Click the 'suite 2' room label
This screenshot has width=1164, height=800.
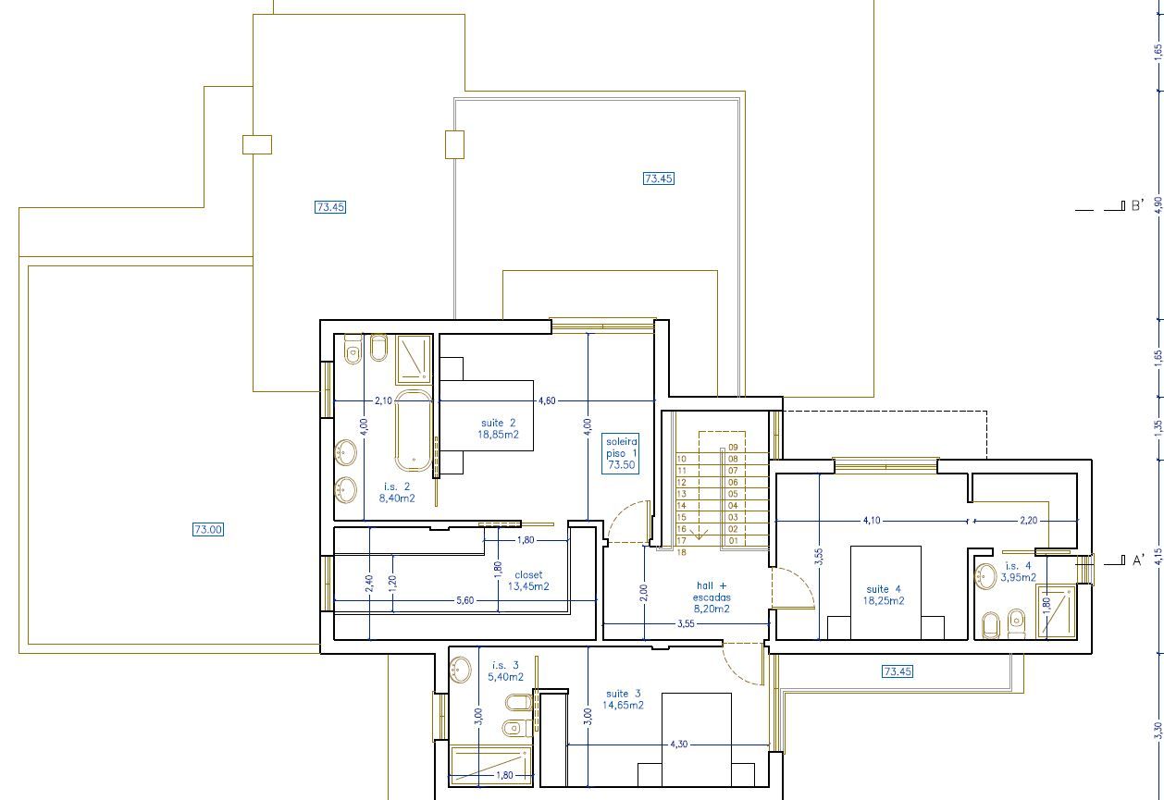click(x=498, y=423)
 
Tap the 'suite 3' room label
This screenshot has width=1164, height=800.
click(x=623, y=694)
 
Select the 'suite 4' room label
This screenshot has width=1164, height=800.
click(x=884, y=589)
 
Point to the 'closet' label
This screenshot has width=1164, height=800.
click(x=528, y=574)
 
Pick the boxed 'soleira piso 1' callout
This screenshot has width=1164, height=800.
click(x=621, y=453)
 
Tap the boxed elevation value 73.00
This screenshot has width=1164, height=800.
click(x=208, y=529)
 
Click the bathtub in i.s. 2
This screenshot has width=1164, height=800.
click(x=413, y=432)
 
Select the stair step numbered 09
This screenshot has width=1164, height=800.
click(x=733, y=448)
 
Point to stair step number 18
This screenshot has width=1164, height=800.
click(x=681, y=552)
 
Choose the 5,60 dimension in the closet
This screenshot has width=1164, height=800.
click(x=465, y=600)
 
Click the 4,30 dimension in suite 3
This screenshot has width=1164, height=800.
click(x=678, y=744)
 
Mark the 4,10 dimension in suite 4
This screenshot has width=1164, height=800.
click(x=872, y=520)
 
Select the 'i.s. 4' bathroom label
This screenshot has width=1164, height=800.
click(x=1019, y=566)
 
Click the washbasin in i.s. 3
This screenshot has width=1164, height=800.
click(x=461, y=670)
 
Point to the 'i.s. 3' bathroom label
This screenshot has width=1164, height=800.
click(x=505, y=665)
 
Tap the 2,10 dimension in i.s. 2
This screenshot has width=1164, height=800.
click(x=383, y=400)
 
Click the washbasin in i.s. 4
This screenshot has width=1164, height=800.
click(x=985, y=576)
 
